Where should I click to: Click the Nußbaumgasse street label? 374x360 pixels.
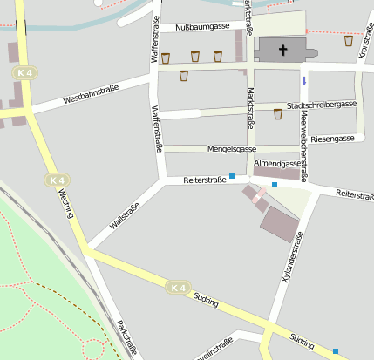(202, 27)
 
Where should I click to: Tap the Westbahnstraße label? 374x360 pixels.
(91, 95)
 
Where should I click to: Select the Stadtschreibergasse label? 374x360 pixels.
(322, 105)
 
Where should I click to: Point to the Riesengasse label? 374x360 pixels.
(332, 139)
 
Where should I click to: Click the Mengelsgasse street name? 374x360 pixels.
(231, 149)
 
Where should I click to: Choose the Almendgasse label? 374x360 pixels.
(277, 163)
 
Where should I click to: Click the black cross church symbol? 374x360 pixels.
(282, 51)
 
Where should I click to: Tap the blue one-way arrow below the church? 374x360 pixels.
(304, 81)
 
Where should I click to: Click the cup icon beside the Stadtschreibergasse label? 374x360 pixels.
(277, 113)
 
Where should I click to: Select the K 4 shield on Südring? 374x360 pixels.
(179, 287)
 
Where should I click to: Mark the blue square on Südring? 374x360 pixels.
(336, 351)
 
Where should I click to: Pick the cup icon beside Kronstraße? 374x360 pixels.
(349, 41)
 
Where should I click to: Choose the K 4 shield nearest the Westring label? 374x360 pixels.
(57, 180)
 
